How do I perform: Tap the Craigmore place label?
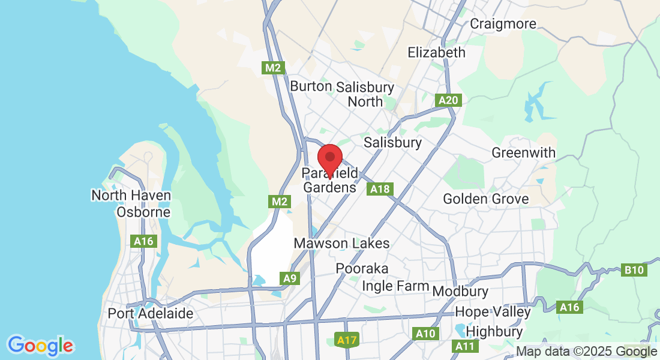coord(502,24)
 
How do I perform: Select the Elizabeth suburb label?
coord(436,52)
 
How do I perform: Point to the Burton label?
coord(311,86)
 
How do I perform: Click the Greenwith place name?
coord(523,153)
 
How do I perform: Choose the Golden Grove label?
coord(485,199)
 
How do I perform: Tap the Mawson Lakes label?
coord(341,244)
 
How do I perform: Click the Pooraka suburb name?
coord(362,268)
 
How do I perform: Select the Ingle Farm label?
coord(395,286)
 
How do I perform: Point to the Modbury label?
coord(460,292)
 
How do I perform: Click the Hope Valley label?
coord(493,312)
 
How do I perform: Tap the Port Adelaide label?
coord(151,313)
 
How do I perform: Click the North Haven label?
coord(131,196)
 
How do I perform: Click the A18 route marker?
coord(380,190)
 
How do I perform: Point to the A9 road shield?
coord(290,278)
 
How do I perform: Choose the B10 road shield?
coord(634,270)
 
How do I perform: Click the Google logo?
coord(41,346)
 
